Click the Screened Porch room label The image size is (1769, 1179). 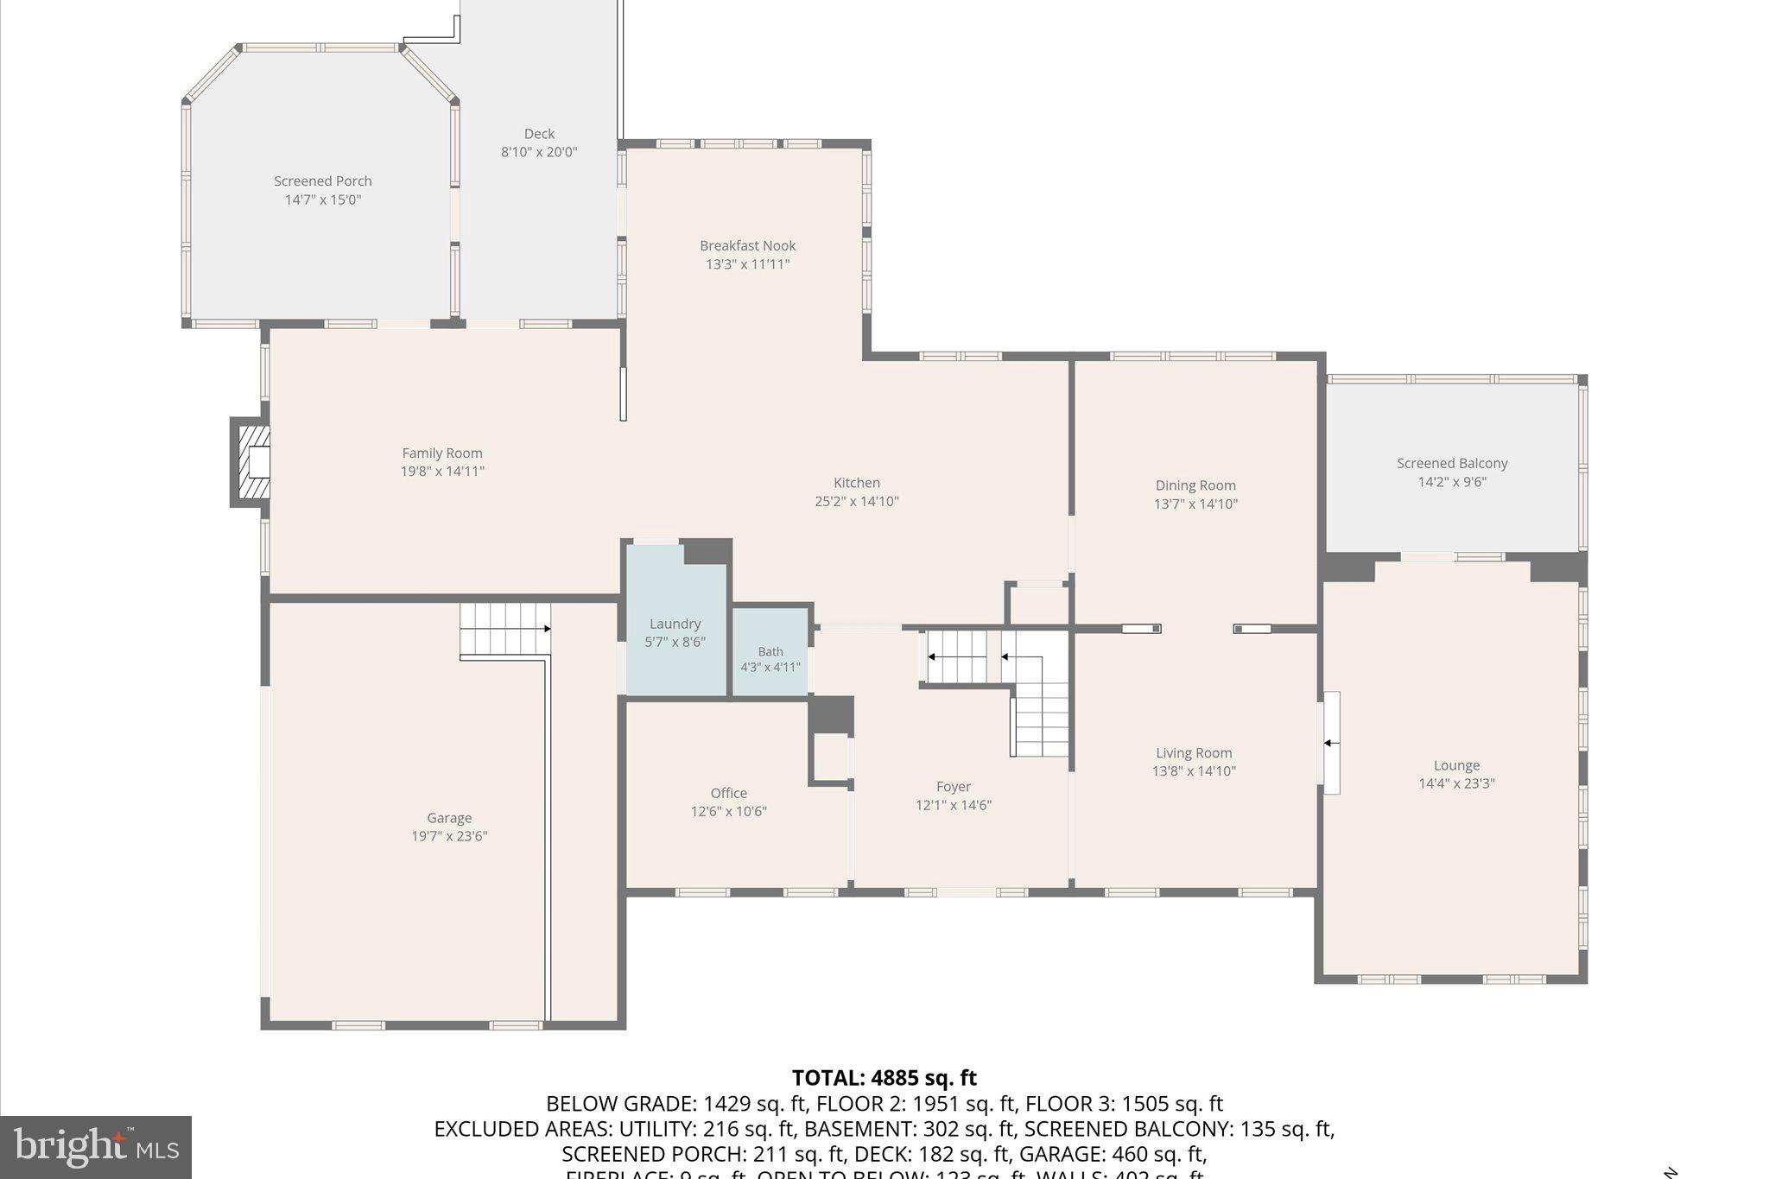click(x=322, y=181)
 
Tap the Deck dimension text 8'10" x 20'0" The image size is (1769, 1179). click(x=539, y=152)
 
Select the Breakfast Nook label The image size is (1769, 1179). click(x=747, y=246)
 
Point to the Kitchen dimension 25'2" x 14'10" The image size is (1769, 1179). click(x=856, y=502)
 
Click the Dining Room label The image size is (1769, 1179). click(x=1195, y=485)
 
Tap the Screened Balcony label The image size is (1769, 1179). click(x=1452, y=464)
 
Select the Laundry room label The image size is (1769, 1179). click(x=675, y=624)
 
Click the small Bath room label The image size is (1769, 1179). click(x=770, y=652)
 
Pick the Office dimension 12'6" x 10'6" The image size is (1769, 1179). click(x=728, y=812)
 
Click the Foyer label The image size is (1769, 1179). click(x=953, y=787)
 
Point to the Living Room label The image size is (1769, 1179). click(x=1194, y=753)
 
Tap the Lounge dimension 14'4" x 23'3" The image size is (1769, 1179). click(x=1456, y=784)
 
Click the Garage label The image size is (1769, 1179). click(x=449, y=818)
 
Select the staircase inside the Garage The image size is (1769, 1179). click(x=504, y=629)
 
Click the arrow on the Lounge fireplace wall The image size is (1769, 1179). click(x=1332, y=743)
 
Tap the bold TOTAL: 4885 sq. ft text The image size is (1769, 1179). click(x=884, y=1078)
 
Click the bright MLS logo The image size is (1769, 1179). click(x=96, y=1147)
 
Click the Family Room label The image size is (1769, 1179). click(x=441, y=453)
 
